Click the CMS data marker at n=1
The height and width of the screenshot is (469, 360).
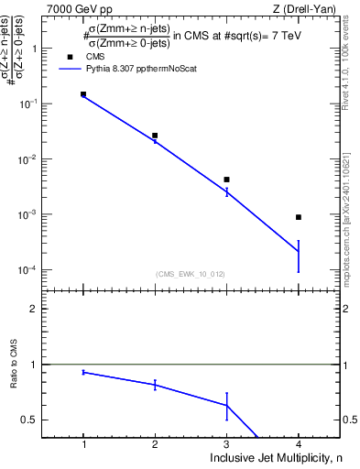pos(83,93)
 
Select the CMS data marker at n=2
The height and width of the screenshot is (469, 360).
pos(155,136)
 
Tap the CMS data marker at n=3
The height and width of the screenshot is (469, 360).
pos(226,180)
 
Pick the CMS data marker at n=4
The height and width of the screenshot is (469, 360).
pos(299,217)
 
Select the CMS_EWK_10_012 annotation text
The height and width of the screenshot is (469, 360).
pos(191,273)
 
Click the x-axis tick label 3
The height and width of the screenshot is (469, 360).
pos(226,442)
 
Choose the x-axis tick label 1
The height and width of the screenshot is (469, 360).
pos(83,442)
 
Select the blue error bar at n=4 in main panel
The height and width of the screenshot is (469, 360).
pos(299,256)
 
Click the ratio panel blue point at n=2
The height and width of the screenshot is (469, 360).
pos(155,385)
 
